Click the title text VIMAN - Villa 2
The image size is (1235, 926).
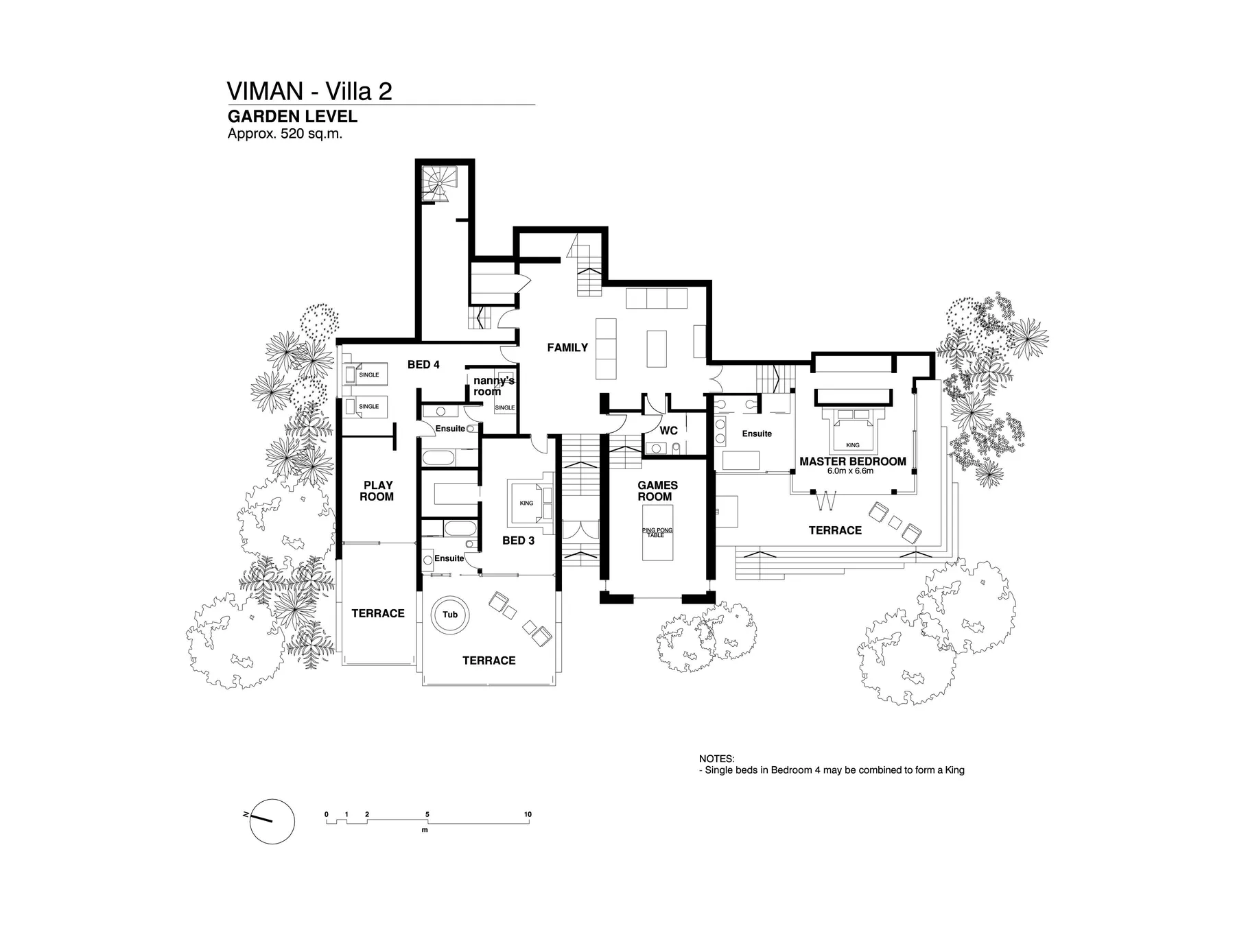point(309,91)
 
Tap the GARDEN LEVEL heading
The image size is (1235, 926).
point(292,117)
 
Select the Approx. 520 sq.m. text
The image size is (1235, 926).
point(285,134)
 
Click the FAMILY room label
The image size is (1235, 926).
point(567,348)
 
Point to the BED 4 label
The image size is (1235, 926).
point(423,365)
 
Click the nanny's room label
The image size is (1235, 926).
point(493,386)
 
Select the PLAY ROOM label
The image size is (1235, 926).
point(377,491)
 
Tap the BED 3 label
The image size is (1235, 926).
point(518,541)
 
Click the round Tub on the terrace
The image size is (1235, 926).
point(450,615)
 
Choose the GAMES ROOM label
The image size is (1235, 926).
point(657,491)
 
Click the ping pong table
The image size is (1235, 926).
point(657,533)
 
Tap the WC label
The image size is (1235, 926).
point(668,431)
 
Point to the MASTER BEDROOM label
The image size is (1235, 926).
point(852,462)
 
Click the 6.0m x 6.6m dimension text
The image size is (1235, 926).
point(850,471)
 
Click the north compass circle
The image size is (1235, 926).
point(272,821)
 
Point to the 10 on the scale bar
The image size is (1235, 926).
point(528,814)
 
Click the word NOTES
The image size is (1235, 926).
point(716,759)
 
